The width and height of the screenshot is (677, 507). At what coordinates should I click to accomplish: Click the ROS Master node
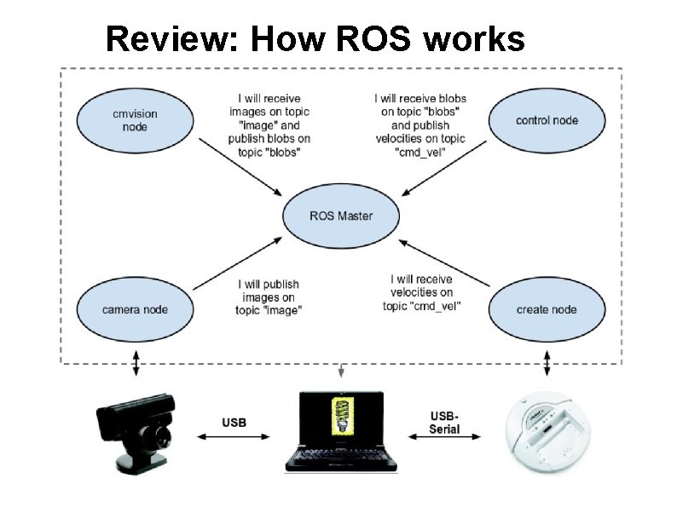340,216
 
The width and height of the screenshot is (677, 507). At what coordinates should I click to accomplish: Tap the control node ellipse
547,120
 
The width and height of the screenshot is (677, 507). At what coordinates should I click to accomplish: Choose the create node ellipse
547,309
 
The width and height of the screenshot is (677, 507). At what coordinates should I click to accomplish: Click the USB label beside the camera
234,423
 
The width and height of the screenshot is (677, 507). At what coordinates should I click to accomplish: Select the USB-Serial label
443,423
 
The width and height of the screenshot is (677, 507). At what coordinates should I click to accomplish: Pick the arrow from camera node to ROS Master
239,263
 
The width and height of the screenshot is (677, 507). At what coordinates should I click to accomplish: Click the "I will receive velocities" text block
422,292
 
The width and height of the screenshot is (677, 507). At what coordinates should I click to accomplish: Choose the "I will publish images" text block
269,297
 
